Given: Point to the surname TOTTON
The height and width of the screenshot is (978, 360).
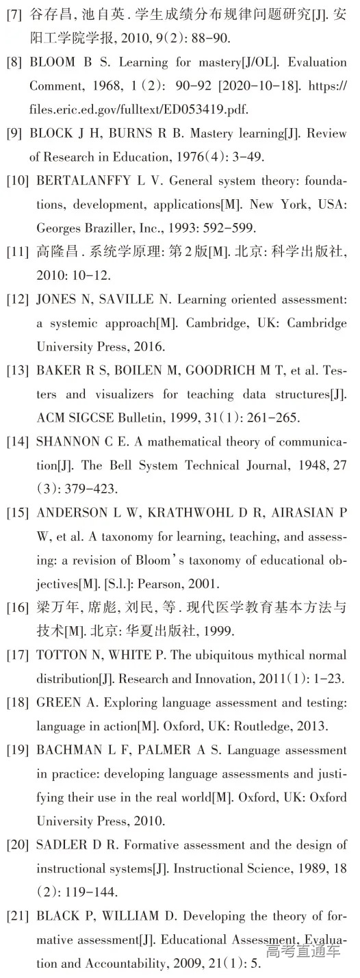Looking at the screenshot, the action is (58, 656).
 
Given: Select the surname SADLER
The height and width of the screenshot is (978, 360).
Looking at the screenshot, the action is (57, 845).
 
